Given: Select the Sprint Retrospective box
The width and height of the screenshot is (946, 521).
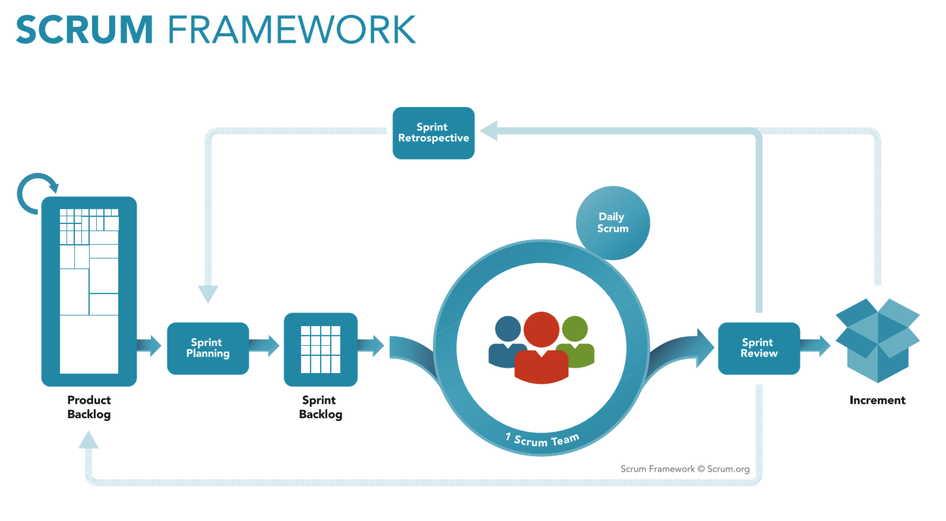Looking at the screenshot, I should click(x=433, y=133).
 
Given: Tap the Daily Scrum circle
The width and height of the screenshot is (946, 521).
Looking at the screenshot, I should click(x=613, y=223).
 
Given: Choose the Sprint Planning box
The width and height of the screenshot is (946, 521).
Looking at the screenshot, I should click(x=208, y=348).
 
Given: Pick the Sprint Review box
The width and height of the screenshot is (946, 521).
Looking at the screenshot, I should click(x=759, y=348).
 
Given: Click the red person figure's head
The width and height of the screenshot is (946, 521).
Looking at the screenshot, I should click(x=541, y=329).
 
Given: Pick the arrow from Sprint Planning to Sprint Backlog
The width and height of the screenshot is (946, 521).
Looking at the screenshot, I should click(x=265, y=345).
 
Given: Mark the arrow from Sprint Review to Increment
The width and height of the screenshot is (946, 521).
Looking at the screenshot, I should click(x=816, y=345).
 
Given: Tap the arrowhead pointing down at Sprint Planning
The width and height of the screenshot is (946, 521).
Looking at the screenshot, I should click(x=208, y=293).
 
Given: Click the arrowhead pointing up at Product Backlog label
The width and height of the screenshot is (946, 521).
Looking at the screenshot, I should click(x=88, y=440).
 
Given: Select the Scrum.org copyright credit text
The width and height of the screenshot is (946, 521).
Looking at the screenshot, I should click(x=684, y=469).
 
